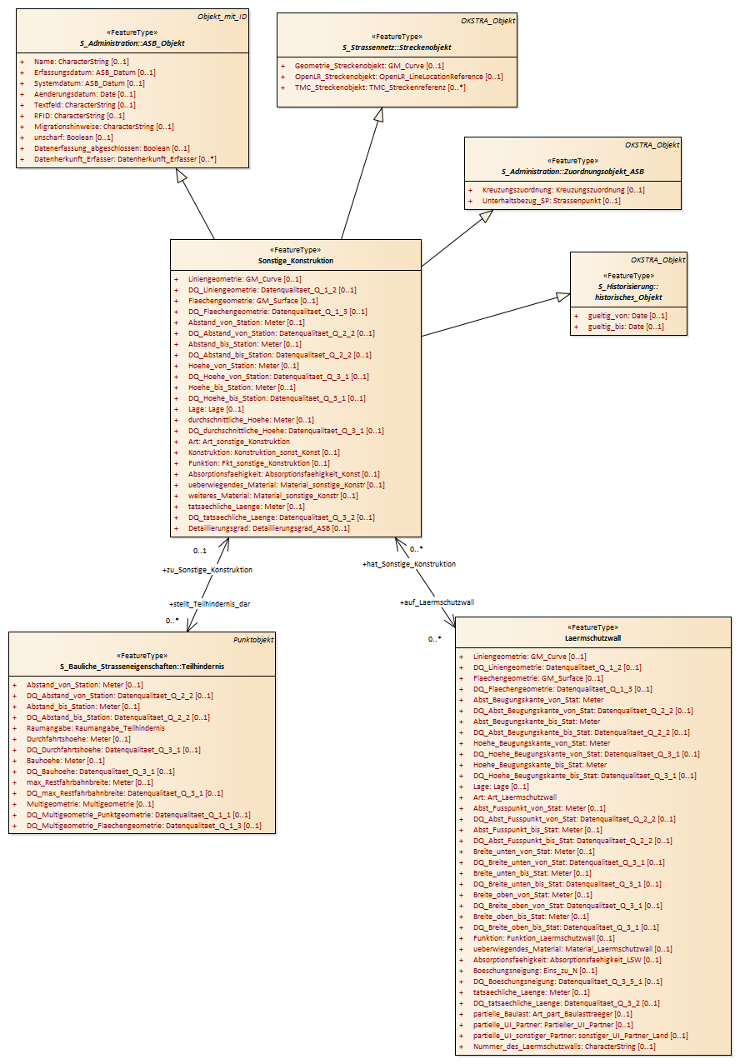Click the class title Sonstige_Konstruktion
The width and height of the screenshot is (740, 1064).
pos(296,261)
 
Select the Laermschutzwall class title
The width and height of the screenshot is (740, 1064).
pos(592,638)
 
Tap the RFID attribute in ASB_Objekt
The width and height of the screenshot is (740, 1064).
pos(79,116)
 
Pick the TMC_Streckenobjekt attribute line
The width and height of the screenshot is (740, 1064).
pos(380,87)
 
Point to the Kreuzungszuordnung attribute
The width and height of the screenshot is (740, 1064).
pos(563,190)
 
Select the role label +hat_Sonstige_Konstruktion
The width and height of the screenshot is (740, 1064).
pos(409,564)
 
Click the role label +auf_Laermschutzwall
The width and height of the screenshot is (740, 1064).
pos(437,602)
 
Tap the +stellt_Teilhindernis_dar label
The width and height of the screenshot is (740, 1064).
pos(209,604)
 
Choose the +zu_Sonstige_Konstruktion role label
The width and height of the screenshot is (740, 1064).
pos(207,570)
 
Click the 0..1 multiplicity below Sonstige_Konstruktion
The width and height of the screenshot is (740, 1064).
pos(200,551)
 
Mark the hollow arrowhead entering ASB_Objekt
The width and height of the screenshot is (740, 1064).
pos(181,175)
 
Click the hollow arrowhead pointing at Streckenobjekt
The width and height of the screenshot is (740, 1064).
pos(378,114)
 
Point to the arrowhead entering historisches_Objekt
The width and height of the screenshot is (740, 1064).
pos(563,297)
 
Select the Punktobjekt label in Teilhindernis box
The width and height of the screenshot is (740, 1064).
pos(253,640)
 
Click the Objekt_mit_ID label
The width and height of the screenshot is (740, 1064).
pos(222,17)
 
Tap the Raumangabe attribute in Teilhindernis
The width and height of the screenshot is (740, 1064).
pos(96,728)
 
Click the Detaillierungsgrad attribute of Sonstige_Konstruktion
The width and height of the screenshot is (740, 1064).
pos(269,528)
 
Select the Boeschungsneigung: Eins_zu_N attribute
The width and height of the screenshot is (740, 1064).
pos(535,971)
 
